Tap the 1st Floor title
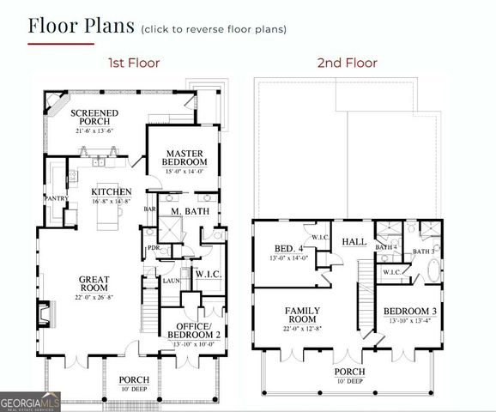click(x=133, y=63)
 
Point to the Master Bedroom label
click(x=185, y=157)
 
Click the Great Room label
click(x=94, y=283)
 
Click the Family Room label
click(x=302, y=314)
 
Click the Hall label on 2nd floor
click(x=354, y=242)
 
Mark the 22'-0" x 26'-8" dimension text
click(x=94, y=298)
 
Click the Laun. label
click(x=170, y=281)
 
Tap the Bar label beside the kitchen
click(x=149, y=209)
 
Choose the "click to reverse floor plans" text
click(x=214, y=29)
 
